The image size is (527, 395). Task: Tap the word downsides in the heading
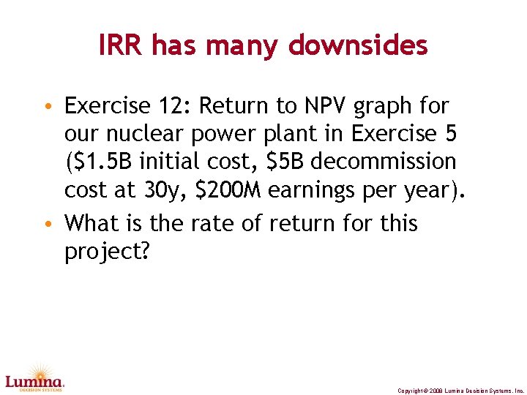(x=358, y=46)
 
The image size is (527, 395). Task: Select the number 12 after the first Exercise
(x=173, y=107)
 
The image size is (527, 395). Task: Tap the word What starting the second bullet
(x=94, y=222)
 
